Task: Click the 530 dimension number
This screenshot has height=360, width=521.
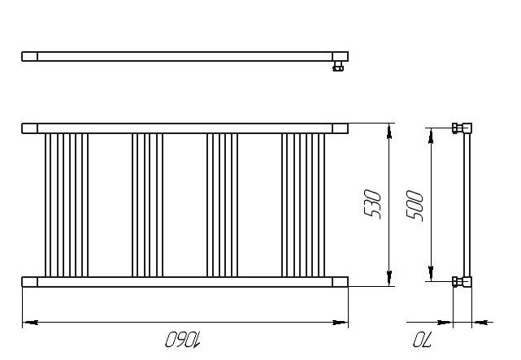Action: pos(372,204)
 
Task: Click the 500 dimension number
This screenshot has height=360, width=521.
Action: pos(415,206)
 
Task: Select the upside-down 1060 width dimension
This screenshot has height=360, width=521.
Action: pos(183,340)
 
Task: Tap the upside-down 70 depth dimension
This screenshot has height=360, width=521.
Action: pos(422,340)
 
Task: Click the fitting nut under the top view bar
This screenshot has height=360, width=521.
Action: pos(338,67)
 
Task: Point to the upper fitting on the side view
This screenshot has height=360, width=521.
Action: pos(462,128)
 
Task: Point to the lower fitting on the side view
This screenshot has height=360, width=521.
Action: pos(462,282)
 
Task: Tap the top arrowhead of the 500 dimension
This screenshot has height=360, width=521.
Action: pos(431,136)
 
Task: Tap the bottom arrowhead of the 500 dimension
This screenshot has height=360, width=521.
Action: pos(431,273)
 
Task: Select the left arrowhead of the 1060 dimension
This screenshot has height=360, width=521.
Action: pos(30,322)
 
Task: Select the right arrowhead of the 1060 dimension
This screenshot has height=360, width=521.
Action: pos(341,322)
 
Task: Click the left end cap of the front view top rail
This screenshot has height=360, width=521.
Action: pos(29,128)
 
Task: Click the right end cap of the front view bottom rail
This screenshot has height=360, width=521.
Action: pos(341,282)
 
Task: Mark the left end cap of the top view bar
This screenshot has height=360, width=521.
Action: pos(29,56)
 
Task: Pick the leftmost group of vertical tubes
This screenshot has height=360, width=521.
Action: pos(67,206)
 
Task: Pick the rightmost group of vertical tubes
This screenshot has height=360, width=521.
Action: pos(303,206)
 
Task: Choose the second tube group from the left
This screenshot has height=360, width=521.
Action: pos(148,206)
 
